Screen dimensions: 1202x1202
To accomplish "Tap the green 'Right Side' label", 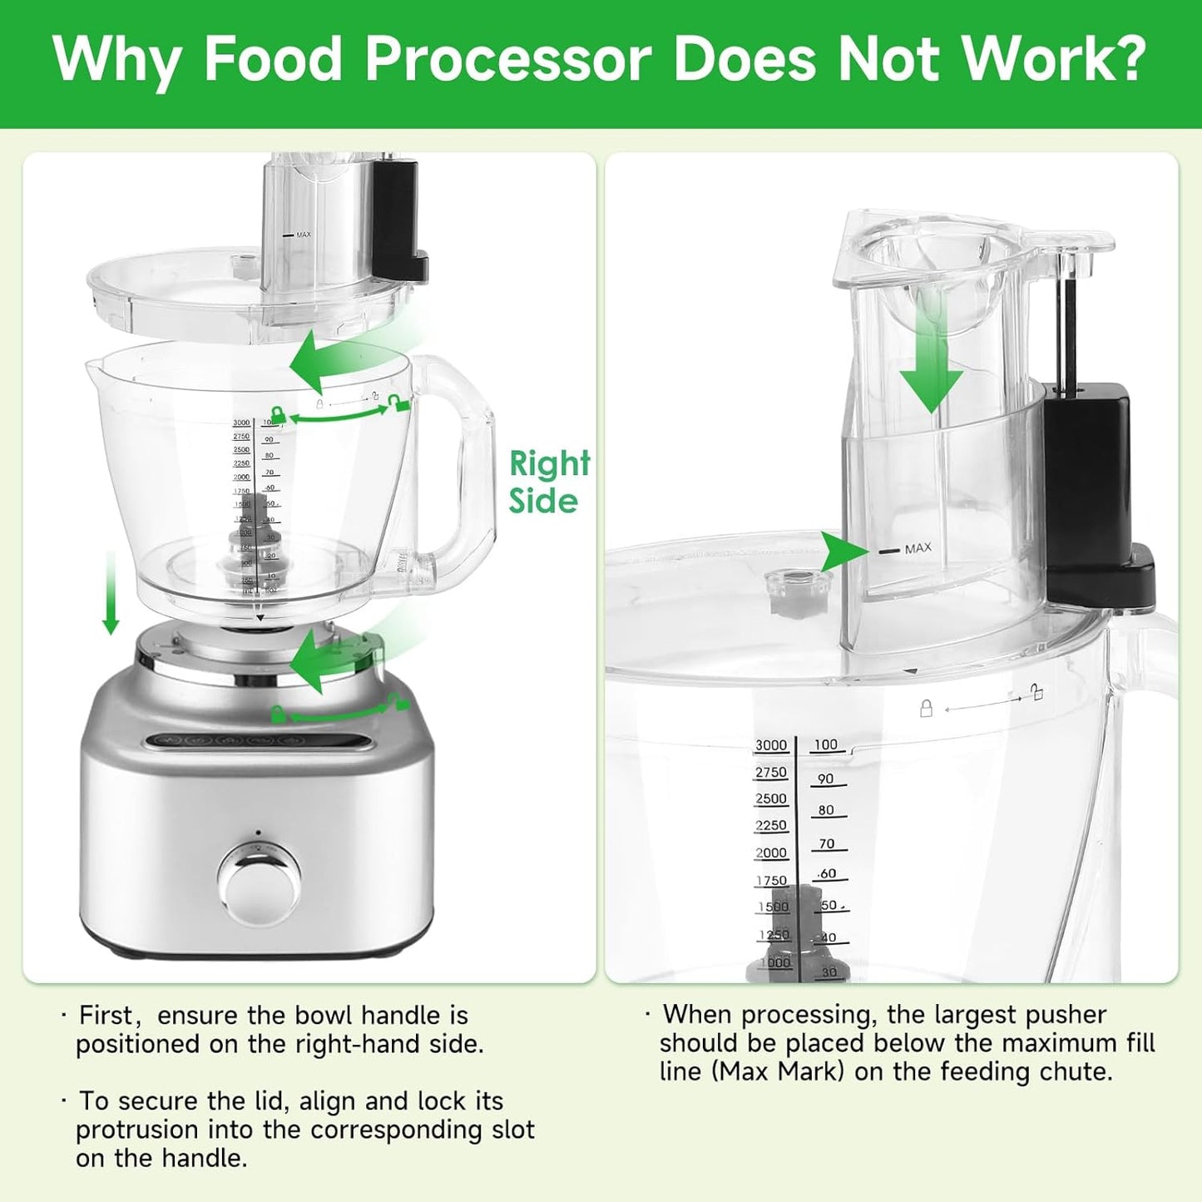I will coord(549,482).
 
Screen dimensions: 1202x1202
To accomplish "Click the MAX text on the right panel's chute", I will coord(918,549).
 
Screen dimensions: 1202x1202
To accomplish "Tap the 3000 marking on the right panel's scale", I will coord(770,745).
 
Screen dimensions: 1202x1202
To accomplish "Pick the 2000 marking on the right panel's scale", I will coord(770,853).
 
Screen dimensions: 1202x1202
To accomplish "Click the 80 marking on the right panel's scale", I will coord(825,810).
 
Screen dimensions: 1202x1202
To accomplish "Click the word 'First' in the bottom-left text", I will coord(105,1016).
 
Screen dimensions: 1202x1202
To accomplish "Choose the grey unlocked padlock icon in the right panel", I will coord(1036,692).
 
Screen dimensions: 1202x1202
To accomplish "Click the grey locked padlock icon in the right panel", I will coord(926,708).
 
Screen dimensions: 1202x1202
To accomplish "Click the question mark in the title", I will coord(1128,60).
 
